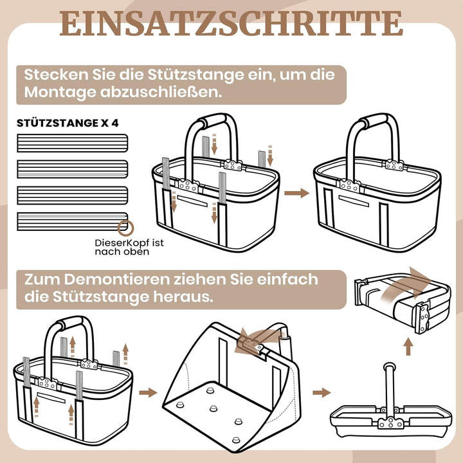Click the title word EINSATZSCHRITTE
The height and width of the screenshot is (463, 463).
(x=232, y=23)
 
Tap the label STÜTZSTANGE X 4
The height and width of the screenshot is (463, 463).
(x=68, y=123)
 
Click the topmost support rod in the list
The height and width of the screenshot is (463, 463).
(x=72, y=143)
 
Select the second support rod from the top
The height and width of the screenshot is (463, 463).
(x=72, y=169)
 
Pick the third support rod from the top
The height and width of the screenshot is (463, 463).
(x=72, y=195)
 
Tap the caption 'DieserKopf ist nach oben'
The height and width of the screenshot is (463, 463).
(x=129, y=247)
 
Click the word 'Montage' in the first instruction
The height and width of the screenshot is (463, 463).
(x=60, y=92)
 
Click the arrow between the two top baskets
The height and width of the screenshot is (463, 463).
(x=296, y=193)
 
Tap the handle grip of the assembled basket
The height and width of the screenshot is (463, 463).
(x=374, y=121)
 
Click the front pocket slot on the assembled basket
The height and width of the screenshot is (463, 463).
(x=354, y=201)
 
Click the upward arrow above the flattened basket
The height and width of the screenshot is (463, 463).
(x=408, y=347)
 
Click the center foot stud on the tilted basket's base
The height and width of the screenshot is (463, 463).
(x=213, y=408)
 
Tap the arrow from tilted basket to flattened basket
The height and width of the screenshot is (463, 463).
(x=322, y=392)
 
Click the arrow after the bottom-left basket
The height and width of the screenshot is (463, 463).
(x=149, y=392)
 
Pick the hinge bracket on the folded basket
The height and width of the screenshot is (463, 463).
(x=422, y=318)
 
